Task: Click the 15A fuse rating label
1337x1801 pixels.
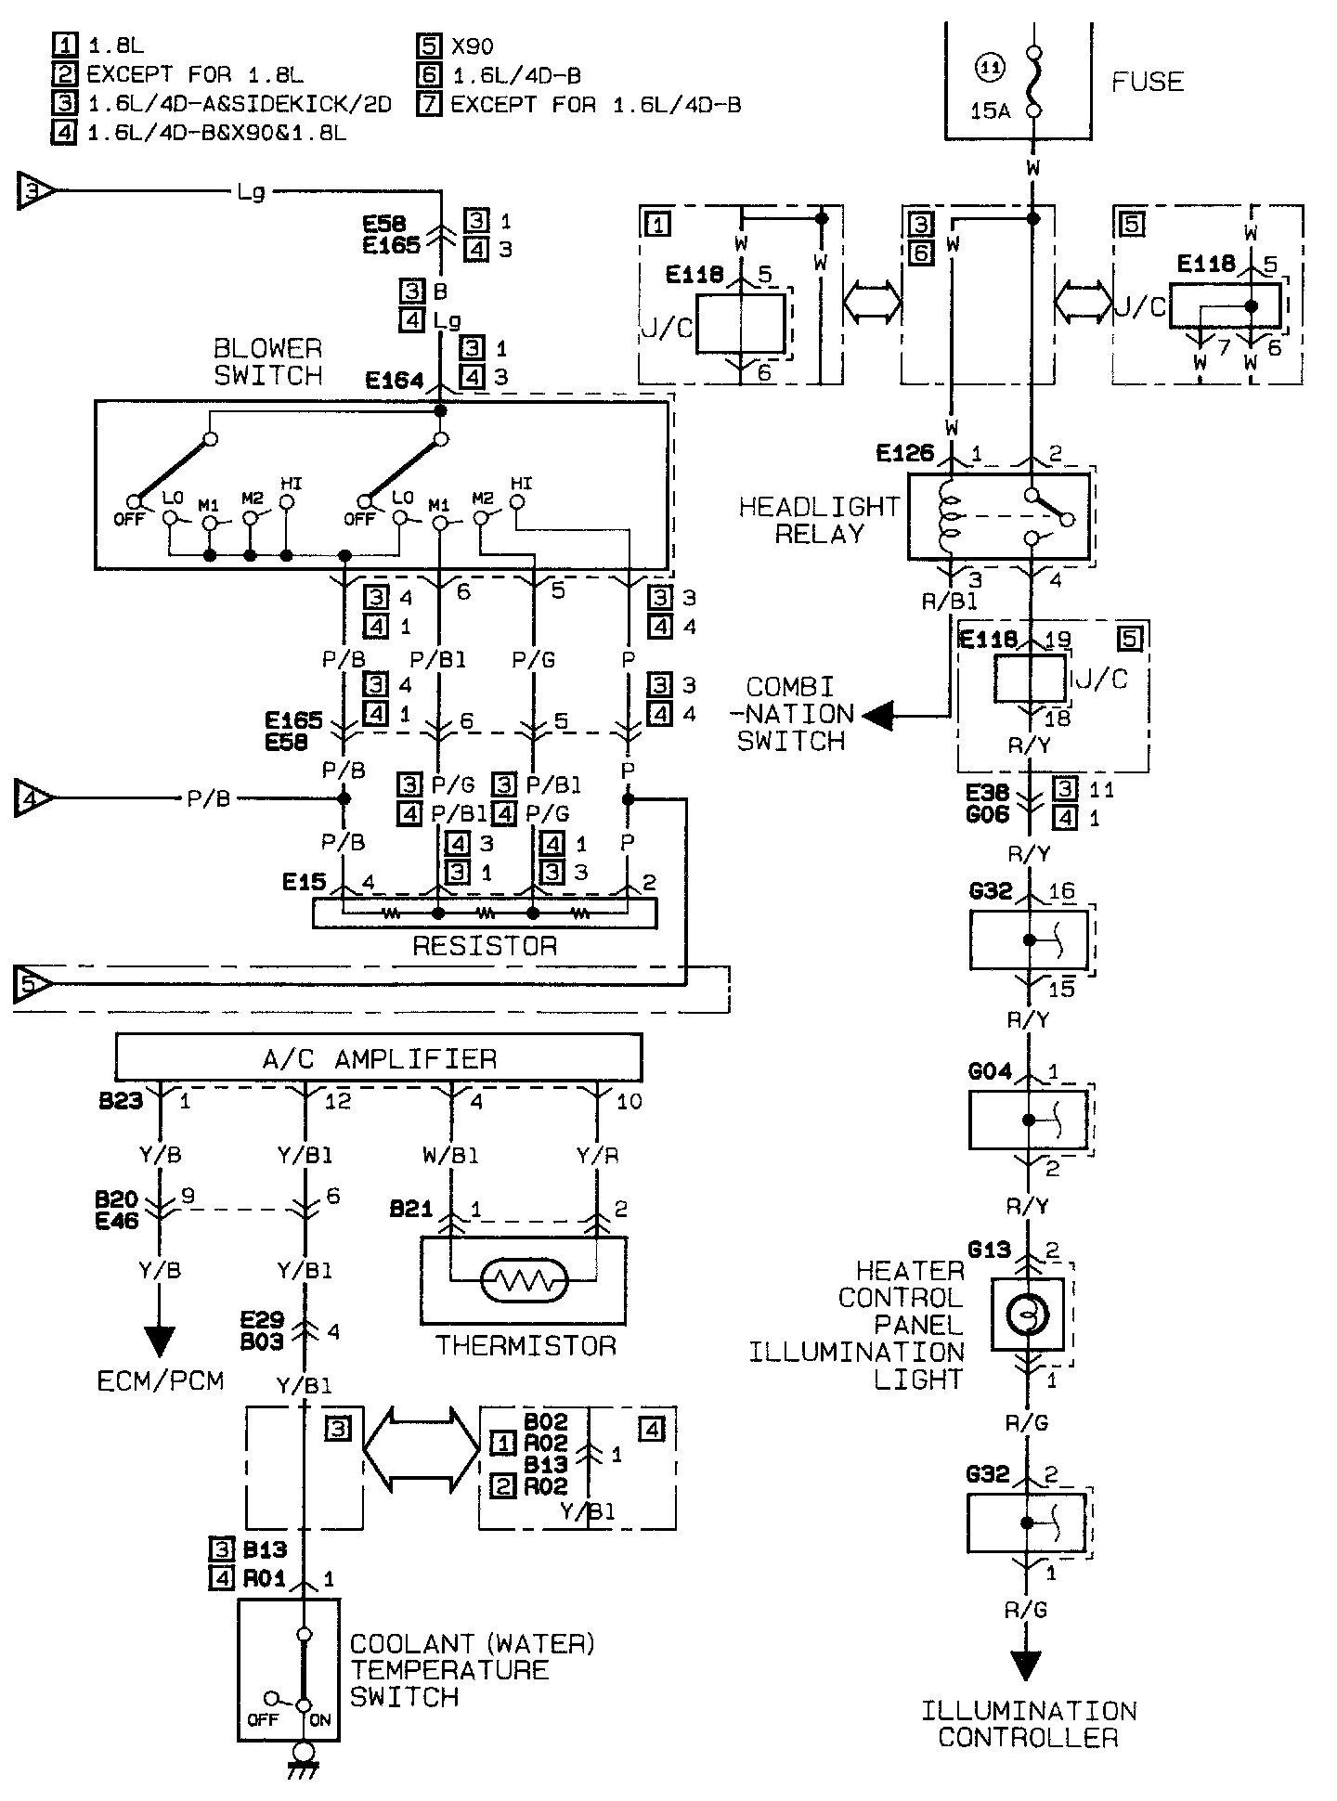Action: click(x=990, y=111)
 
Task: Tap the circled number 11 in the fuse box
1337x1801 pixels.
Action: click(x=991, y=67)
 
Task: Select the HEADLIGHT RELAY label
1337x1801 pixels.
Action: click(x=819, y=520)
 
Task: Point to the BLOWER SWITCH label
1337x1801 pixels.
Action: click(x=268, y=362)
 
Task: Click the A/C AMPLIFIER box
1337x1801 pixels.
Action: click(x=378, y=1058)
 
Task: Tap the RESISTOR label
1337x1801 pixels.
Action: click(x=485, y=946)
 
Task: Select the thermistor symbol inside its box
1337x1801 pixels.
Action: click(x=525, y=1283)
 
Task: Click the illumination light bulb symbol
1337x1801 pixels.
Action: click(x=1027, y=1315)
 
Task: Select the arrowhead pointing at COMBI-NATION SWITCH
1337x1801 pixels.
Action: click(x=877, y=716)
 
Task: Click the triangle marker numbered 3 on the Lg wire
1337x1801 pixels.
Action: click(x=36, y=192)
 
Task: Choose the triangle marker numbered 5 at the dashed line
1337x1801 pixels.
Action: click(x=33, y=984)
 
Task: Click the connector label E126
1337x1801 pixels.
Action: click(x=904, y=454)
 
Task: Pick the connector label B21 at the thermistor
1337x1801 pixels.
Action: click(x=411, y=1210)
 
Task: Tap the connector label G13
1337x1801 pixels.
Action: click(x=989, y=1250)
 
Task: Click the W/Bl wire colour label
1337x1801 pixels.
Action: click(x=450, y=1156)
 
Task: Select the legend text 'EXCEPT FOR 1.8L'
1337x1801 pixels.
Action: click(x=195, y=75)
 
